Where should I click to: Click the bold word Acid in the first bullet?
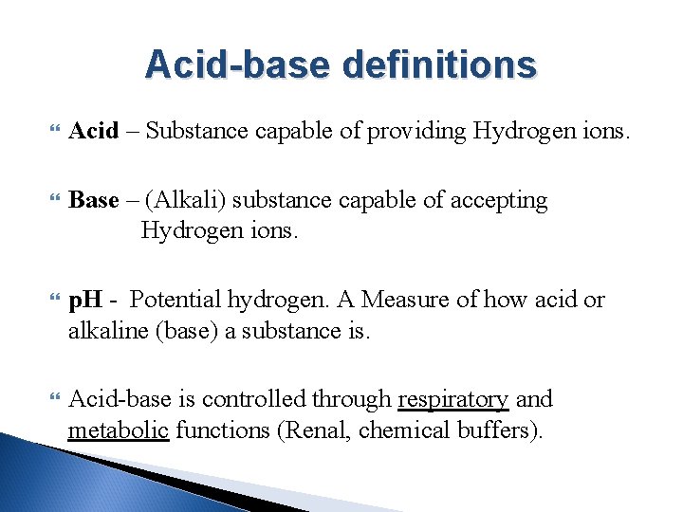coord(94,131)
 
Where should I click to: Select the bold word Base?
coord(94,200)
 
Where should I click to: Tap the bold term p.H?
coord(85,301)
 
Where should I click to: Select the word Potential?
coord(177,301)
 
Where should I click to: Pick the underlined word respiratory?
coord(452,399)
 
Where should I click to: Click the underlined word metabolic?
coord(119,430)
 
